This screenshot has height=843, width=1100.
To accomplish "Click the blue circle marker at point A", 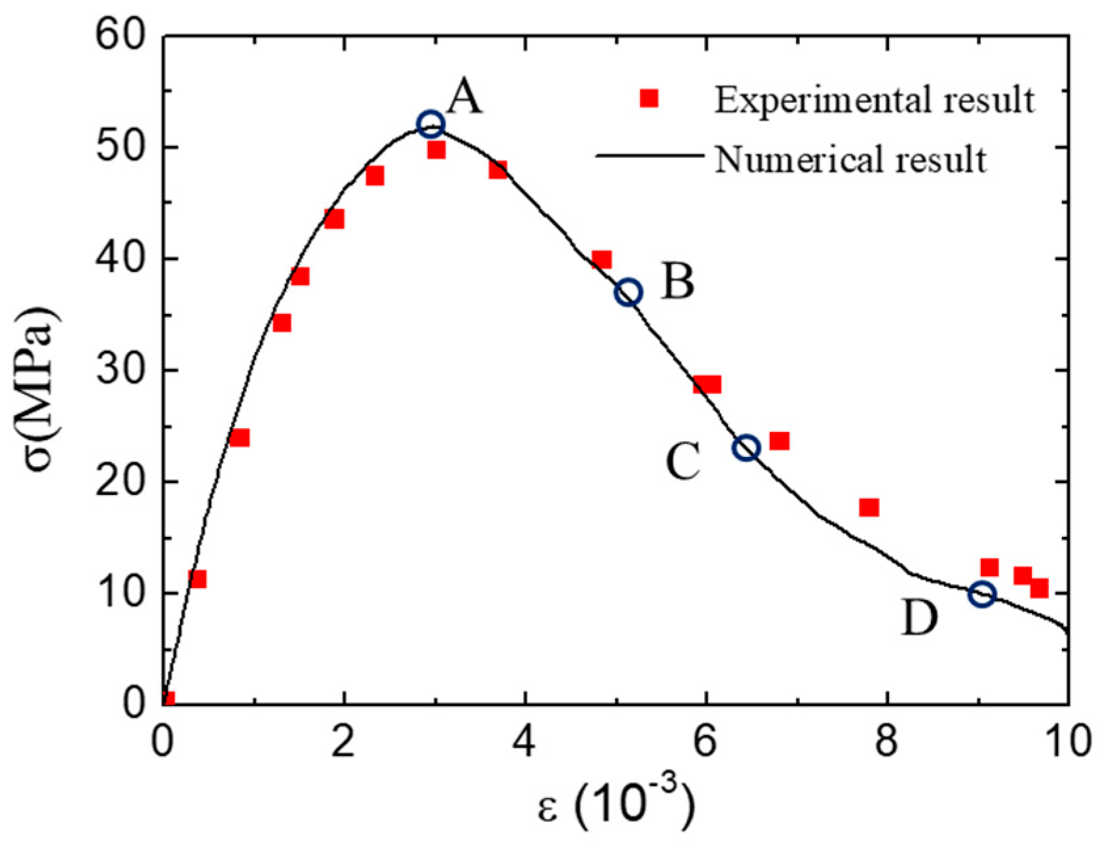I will coord(430,123).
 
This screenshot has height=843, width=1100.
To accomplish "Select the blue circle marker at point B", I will coord(628,292).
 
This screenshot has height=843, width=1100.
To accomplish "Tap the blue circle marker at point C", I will coord(747,448).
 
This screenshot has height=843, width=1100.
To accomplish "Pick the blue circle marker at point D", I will coord(982,595).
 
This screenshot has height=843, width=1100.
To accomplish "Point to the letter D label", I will coord(920,618).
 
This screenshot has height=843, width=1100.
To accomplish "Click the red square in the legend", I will coord(649,98).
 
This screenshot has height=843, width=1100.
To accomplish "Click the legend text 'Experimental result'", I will coord(875,100).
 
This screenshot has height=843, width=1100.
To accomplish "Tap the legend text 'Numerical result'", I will coord(851,159).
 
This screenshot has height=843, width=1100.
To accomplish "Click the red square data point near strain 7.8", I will coord(869,507).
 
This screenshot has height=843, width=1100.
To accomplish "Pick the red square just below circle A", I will coord(436,150).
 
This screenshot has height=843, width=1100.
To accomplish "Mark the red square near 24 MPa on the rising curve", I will coord(240,437).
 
